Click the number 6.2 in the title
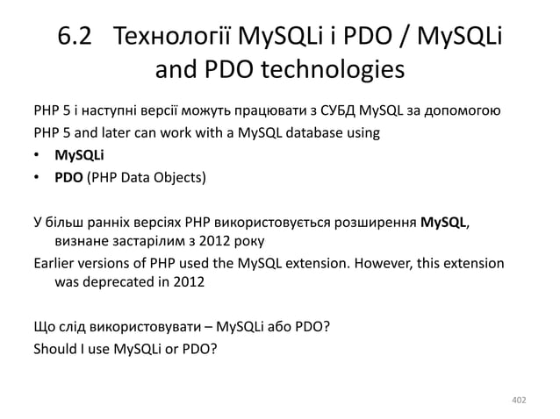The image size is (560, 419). [76, 39]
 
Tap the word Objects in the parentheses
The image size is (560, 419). [178, 180]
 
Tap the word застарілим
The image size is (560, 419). [138, 240]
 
